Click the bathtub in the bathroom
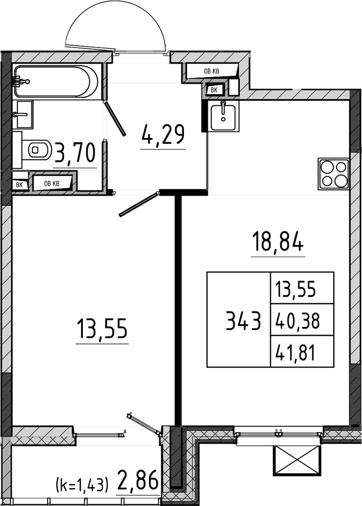pos(56,81)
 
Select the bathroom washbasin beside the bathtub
pos(24,114)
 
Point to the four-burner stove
pos(333,174)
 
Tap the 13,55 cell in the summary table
pos(295,289)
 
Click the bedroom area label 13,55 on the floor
pos(102,329)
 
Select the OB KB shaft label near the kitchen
pos(211,71)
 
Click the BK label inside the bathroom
pos(19,185)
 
